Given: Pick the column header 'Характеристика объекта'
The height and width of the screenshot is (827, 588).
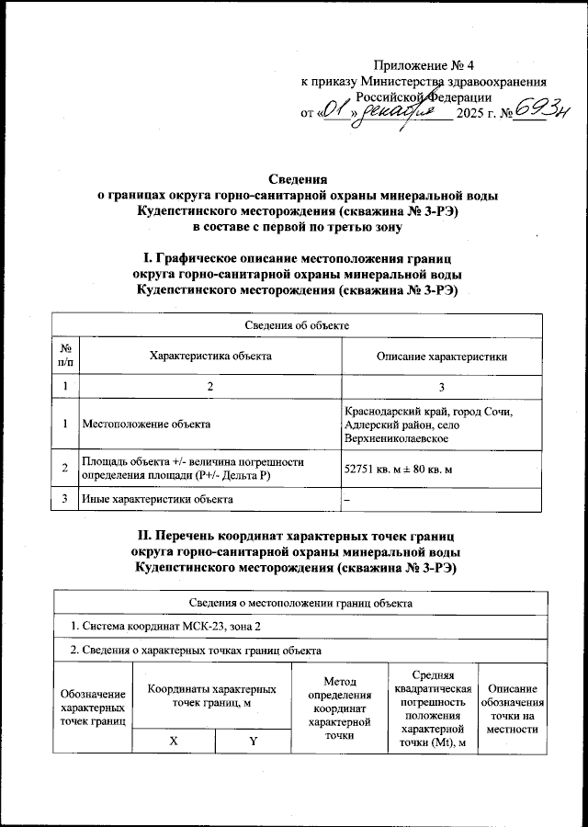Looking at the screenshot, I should (x=210, y=356).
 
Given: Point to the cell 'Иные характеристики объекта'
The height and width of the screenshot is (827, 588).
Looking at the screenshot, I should (x=157, y=499).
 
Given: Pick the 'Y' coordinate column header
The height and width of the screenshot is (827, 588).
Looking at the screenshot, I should (x=253, y=741).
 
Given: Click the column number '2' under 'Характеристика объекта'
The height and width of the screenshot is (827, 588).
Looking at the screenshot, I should (x=210, y=387).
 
